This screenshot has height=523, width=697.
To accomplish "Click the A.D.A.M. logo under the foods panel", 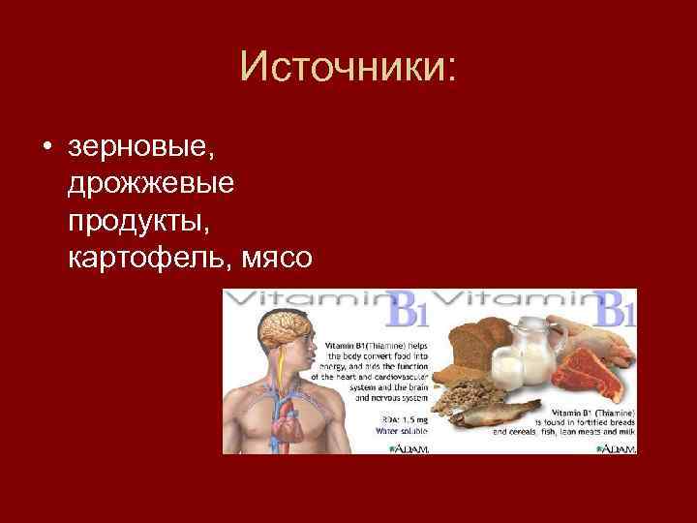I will (x=615, y=448).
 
